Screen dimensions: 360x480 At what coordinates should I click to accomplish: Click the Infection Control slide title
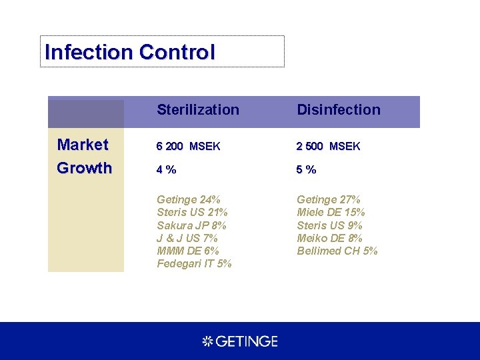pos(130,52)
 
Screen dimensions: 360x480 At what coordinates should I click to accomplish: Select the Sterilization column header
pos(198,110)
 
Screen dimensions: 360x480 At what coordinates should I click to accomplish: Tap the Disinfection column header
pos(339,110)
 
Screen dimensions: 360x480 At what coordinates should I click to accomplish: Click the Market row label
pos(83,145)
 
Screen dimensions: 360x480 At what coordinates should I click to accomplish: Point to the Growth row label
pos(84,168)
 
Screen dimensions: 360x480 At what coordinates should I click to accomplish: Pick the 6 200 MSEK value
pos(188,147)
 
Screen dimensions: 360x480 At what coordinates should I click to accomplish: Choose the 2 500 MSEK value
pos(328,147)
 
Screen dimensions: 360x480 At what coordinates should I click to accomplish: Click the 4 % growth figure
pos(167,170)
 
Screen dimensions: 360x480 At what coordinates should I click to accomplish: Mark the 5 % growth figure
pos(307,170)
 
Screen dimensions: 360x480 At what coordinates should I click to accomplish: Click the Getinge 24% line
pos(189,200)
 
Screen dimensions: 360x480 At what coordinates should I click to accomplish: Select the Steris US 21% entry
pos(192,213)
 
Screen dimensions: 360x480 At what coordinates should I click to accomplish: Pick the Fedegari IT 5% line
pos(194,263)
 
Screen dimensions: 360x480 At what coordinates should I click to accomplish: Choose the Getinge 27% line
pos(329,200)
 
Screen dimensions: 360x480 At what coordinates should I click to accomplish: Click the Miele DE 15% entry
pos(331,213)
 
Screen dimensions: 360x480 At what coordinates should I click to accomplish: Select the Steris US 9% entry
pos(329,225)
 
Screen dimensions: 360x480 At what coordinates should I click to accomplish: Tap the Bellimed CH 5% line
pos(337,251)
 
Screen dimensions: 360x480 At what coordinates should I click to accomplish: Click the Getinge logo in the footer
pos(240,341)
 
